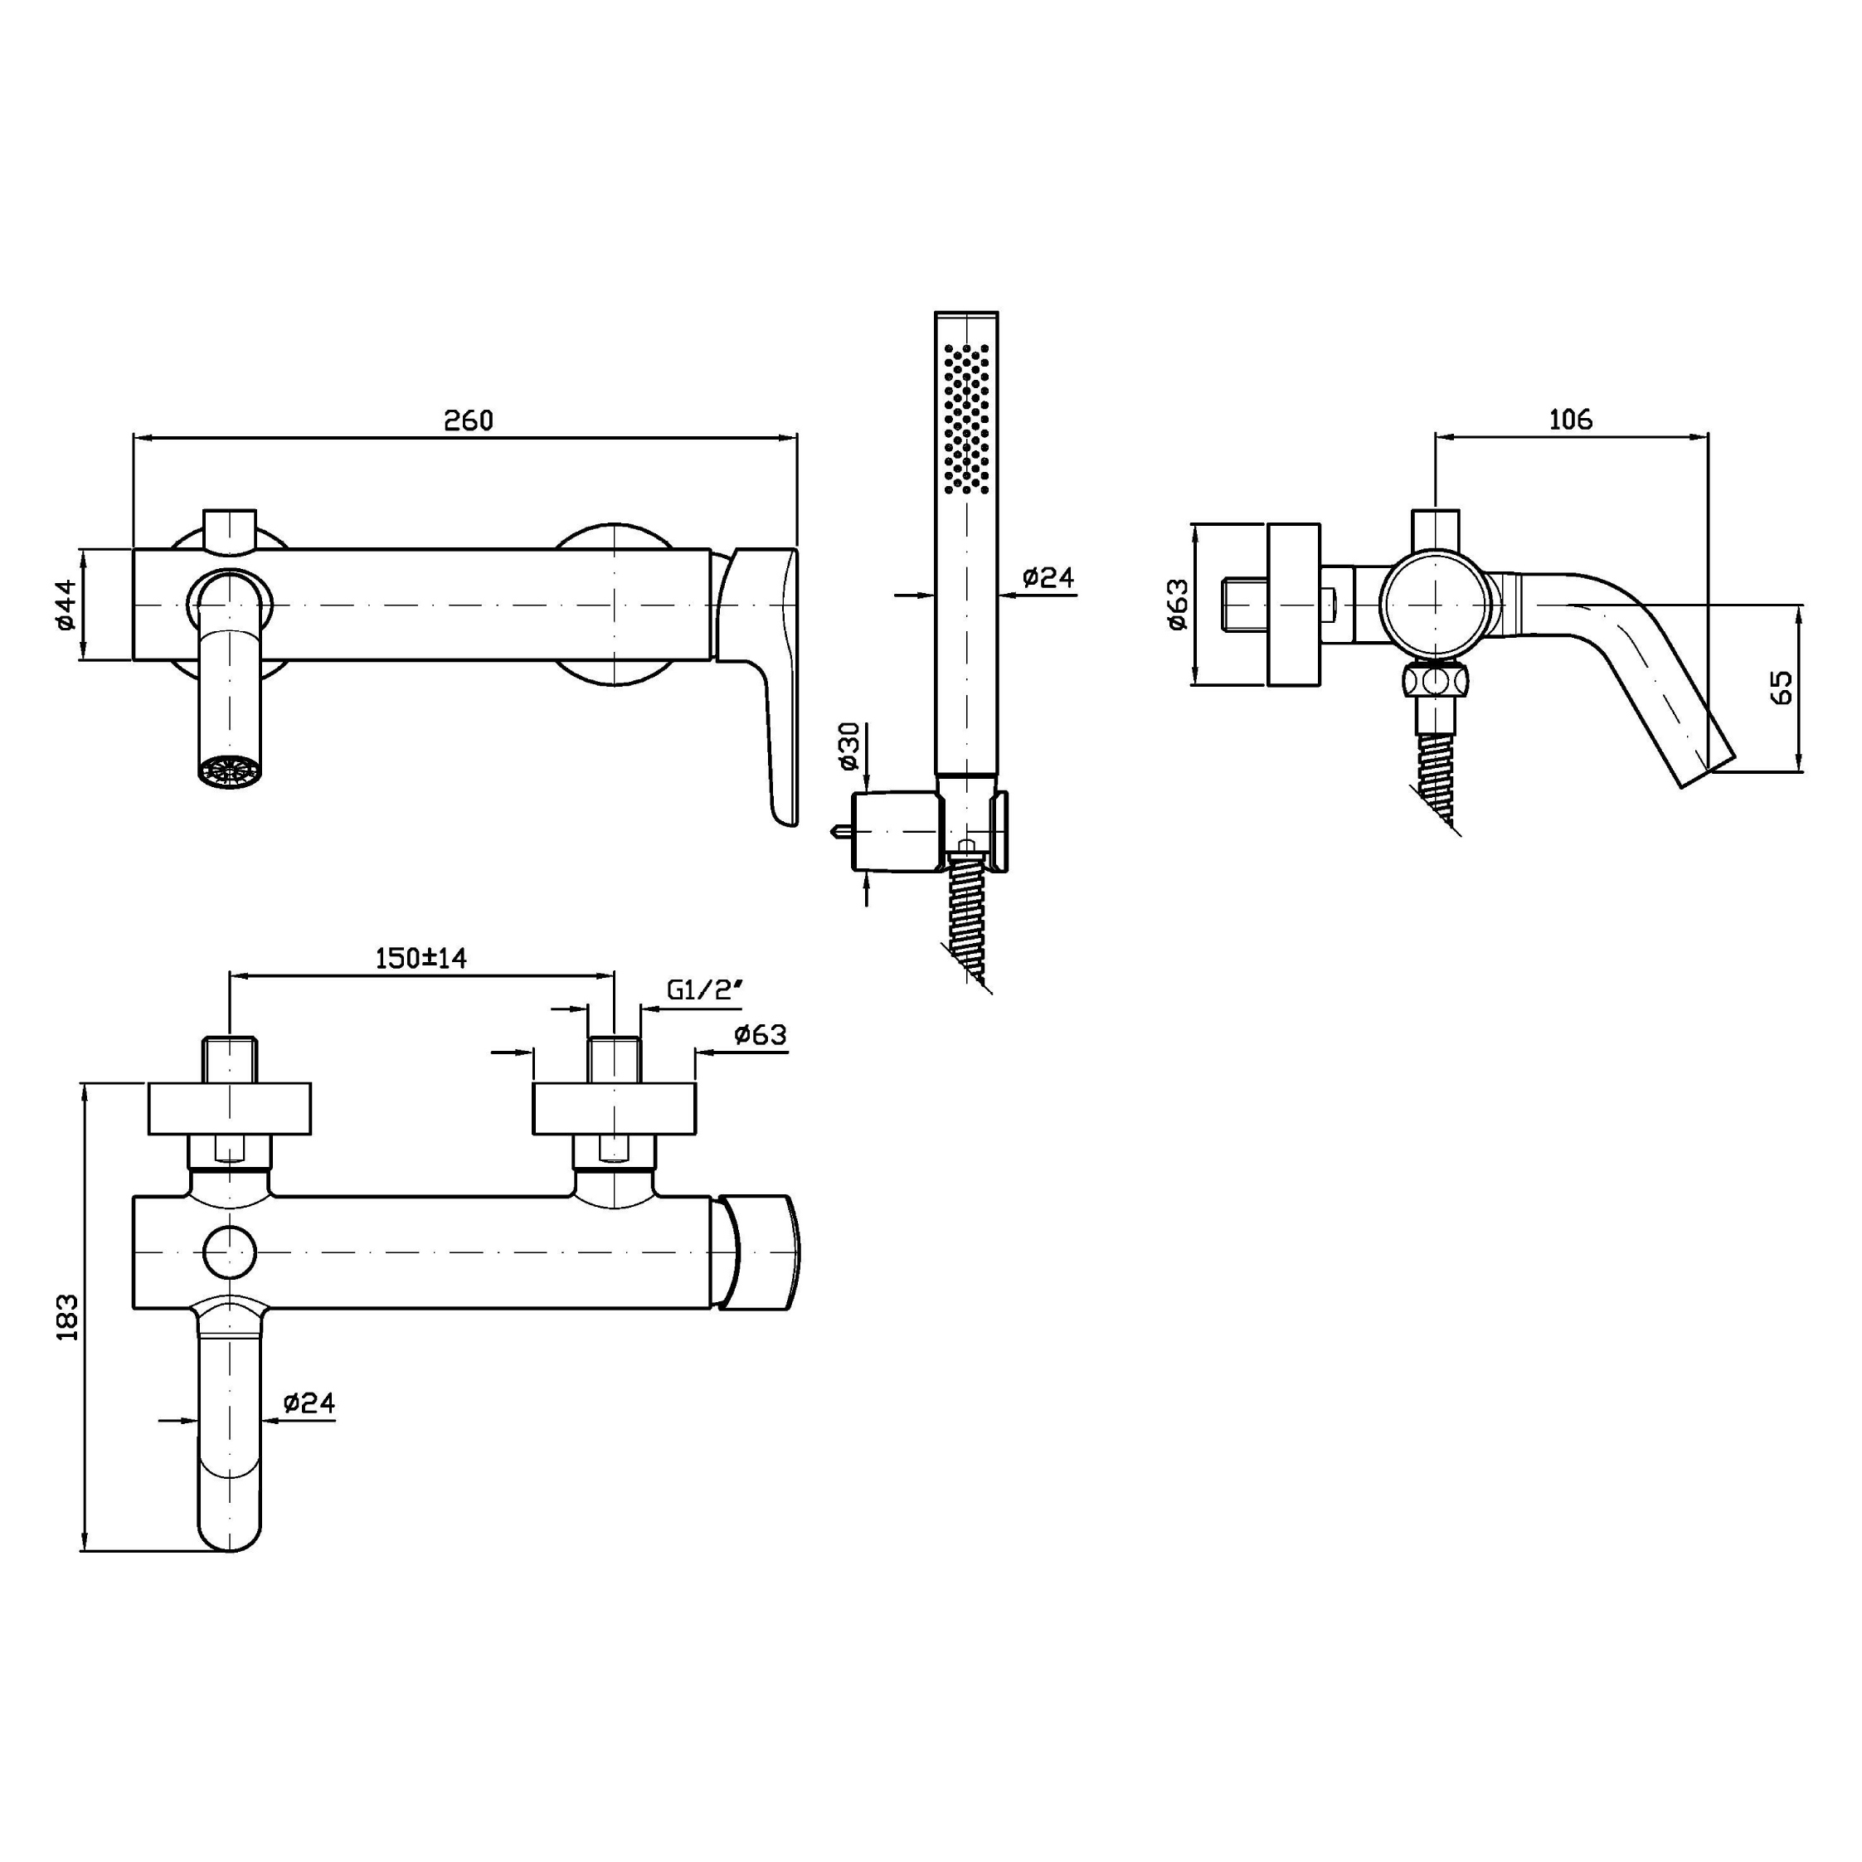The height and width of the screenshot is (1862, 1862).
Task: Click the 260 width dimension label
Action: coord(469,421)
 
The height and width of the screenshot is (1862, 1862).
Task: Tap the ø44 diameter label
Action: coord(65,605)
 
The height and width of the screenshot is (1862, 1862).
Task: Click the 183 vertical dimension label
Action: coord(66,1316)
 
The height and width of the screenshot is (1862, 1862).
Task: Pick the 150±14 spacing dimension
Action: coord(421,958)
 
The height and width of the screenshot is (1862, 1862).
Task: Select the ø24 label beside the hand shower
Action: coord(1048,577)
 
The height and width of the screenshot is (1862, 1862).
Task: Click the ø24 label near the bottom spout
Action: coord(309,1403)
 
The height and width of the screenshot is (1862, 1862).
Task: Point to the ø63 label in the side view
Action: coord(1177,605)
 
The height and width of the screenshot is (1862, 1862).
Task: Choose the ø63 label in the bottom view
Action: coord(761,1035)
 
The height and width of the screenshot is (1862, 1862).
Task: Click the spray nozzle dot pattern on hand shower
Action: coord(966,418)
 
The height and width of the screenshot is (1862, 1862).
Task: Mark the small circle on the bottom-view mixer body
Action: coord(231,1253)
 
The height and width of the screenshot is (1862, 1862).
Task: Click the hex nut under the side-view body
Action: coord(1436,683)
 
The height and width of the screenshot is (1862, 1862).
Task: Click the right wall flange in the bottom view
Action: coord(614,1108)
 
